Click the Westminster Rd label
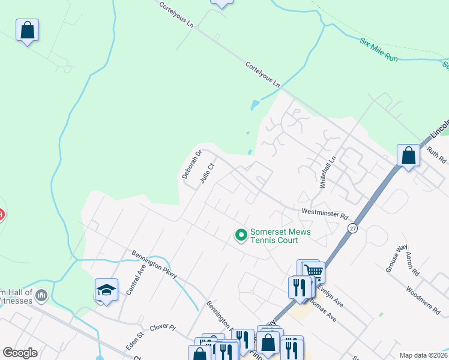tap(325, 213)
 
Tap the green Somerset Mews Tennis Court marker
tap(241, 235)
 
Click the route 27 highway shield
tap(352, 228)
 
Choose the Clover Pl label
tap(163, 328)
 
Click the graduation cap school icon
tap(106, 290)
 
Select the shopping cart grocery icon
tap(314, 271)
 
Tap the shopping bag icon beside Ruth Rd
tap(408, 155)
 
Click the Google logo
tap(20, 353)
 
